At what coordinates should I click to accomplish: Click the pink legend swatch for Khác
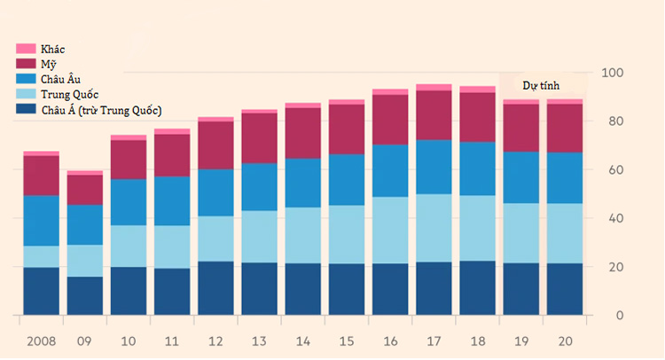[26, 49]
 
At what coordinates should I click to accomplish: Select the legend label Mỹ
[49, 65]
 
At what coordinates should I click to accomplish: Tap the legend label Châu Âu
[60, 79]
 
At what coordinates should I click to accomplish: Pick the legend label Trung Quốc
[69, 95]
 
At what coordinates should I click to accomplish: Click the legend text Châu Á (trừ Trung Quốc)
[101, 110]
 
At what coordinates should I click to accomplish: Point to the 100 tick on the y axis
[612, 73]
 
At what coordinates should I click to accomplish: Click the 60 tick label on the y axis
[615, 169]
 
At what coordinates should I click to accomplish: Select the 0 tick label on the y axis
[619, 316]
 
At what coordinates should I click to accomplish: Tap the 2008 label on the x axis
[41, 341]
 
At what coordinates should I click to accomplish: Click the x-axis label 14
[303, 341]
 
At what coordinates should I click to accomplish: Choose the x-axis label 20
[565, 341]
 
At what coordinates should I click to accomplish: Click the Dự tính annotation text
[541, 86]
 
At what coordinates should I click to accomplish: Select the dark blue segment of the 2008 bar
[41, 292]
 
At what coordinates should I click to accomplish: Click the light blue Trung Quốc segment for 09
[85, 261]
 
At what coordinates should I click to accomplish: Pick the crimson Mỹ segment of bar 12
[215, 145]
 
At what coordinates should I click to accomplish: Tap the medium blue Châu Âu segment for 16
[390, 171]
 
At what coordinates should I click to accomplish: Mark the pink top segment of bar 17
[434, 88]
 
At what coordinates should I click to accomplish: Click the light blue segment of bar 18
[478, 228]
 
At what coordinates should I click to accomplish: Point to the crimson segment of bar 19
[521, 128]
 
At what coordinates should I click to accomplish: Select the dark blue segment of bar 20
[565, 289]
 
